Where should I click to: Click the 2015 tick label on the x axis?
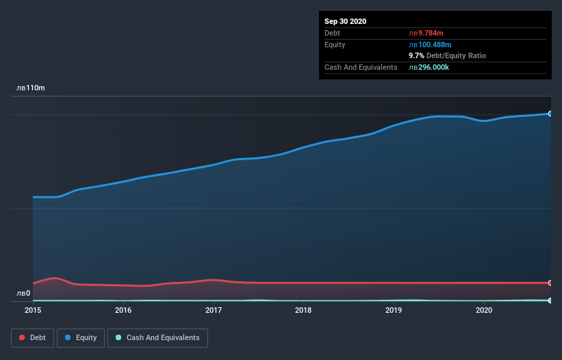tap(33, 310)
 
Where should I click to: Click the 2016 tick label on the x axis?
tap(123, 310)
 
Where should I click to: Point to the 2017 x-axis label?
tap(214, 310)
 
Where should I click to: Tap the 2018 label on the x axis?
tap(303, 310)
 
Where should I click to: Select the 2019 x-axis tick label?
tap(394, 310)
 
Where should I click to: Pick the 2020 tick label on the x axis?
tap(483, 310)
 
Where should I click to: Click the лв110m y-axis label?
tap(31, 88)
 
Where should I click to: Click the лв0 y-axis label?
tap(23, 294)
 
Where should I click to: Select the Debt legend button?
tap(31, 337)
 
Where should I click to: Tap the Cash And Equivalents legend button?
tap(157, 337)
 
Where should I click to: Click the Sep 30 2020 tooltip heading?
tap(345, 21)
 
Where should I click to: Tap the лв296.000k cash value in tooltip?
tap(429, 67)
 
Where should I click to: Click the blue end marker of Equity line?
tap(550, 114)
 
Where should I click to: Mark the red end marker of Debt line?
tap(550, 283)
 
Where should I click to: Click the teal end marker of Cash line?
tap(550, 300)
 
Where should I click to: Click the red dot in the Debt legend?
tap(23, 337)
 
